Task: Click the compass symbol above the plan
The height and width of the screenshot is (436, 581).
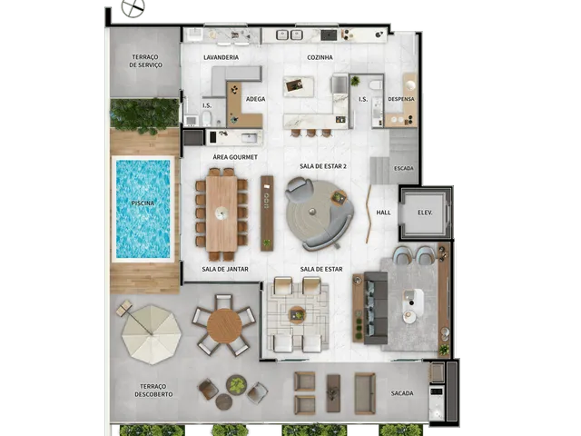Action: click(x=133, y=7)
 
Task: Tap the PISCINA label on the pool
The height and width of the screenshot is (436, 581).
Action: click(x=143, y=203)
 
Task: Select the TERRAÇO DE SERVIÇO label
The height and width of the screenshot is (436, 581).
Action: click(x=145, y=61)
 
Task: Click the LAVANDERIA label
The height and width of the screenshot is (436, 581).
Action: click(x=221, y=57)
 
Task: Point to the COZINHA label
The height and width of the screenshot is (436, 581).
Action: click(x=320, y=57)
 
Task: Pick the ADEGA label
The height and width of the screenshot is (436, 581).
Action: click(x=255, y=99)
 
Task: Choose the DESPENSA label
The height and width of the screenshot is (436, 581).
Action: click(x=401, y=99)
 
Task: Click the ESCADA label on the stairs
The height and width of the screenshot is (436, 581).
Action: click(x=403, y=168)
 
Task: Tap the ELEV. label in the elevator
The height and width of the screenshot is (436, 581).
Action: click(x=425, y=213)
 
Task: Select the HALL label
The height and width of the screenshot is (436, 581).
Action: click(x=383, y=213)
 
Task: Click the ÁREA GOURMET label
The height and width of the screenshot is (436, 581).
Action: click(x=235, y=157)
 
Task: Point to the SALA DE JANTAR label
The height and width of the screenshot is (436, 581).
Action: click(x=225, y=269)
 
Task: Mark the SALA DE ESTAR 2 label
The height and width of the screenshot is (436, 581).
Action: click(x=323, y=166)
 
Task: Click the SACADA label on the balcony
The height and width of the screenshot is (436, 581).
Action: click(x=402, y=393)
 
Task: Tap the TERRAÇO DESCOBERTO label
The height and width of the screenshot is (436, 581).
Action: click(x=153, y=391)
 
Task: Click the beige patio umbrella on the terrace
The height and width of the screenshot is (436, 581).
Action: click(x=152, y=334)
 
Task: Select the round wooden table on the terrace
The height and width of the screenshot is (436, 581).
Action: click(x=224, y=326)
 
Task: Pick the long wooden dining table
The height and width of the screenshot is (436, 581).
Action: click(x=222, y=213)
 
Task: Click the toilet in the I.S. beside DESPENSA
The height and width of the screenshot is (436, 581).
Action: click(x=375, y=84)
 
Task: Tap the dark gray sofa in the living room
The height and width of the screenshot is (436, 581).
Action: click(x=376, y=308)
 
